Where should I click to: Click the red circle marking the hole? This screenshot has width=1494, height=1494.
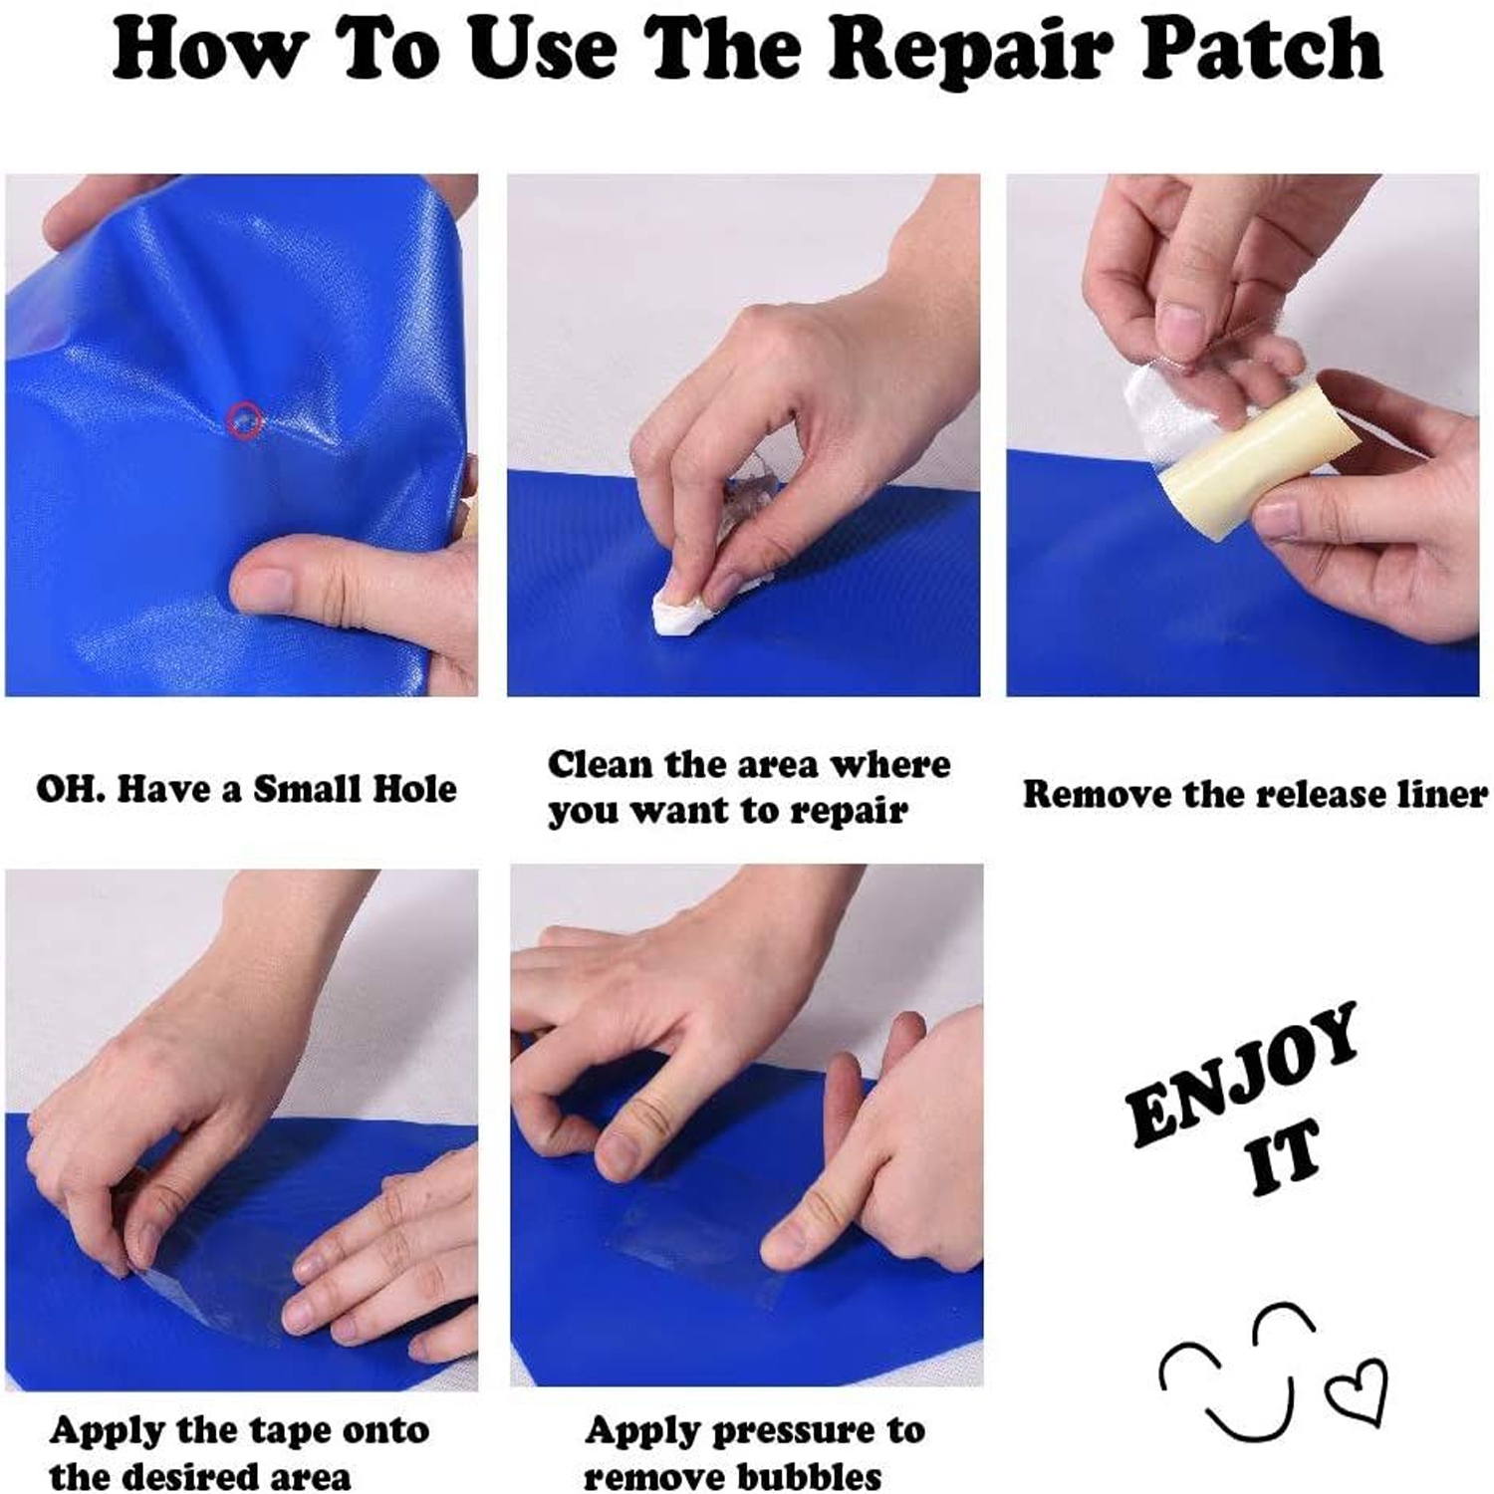[245, 420]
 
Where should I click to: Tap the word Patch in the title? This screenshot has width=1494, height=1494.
[1262, 48]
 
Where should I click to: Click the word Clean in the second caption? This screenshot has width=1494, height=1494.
[601, 764]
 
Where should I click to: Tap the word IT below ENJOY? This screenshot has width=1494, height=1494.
[1285, 1154]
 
